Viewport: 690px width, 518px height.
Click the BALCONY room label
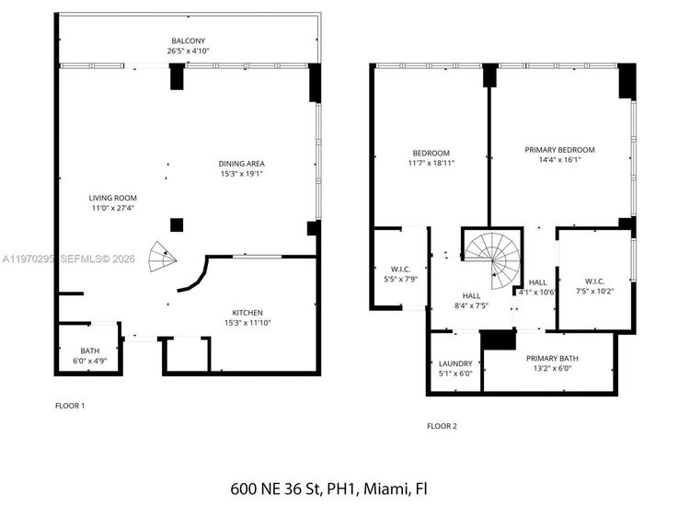[x=188, y=41]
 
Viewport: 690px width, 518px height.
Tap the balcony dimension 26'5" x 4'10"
[x=188, y=52]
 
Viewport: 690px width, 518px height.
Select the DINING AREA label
[x=242, y=164]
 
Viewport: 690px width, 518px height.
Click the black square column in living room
[x=176, y=224]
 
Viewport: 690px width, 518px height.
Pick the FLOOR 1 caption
[x=70, y=405]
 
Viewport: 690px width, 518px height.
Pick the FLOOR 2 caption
[x=442, y=426]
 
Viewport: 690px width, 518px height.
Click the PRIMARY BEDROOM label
[x=559, y=150]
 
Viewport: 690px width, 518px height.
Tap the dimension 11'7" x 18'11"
[x=431, y=162]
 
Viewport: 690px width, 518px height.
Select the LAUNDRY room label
[x=455, y=363]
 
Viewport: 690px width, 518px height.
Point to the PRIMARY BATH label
[x=549, y=358]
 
